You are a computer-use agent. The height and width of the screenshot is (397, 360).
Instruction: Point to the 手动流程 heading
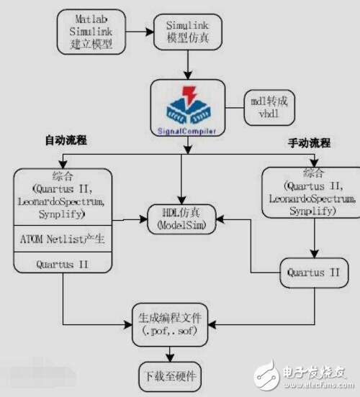(303, 144)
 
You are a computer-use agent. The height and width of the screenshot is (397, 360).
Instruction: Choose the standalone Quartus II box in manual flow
(313, 273)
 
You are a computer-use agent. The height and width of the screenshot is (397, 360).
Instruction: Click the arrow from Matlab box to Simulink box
(140, 28)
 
